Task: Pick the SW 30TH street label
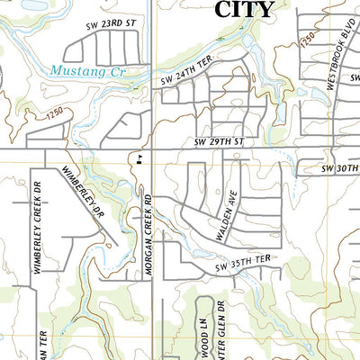point(340,168)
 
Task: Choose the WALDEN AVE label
point(225,217)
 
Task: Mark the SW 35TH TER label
point(243,267)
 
